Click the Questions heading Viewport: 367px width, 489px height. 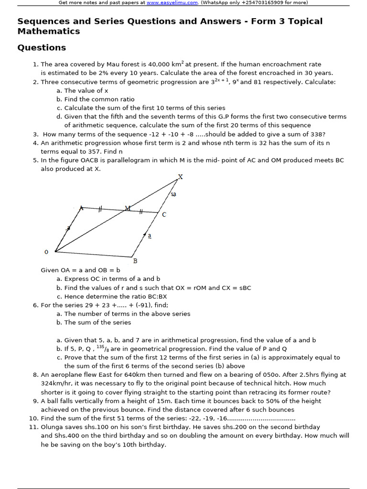42,48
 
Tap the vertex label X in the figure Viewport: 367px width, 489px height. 180,177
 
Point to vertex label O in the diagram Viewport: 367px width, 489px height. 46,252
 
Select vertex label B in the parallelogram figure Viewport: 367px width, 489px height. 135,261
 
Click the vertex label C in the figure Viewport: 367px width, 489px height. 164,215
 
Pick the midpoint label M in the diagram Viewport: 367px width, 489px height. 128,208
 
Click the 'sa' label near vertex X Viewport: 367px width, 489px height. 173,194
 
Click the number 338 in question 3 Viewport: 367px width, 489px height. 319,134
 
